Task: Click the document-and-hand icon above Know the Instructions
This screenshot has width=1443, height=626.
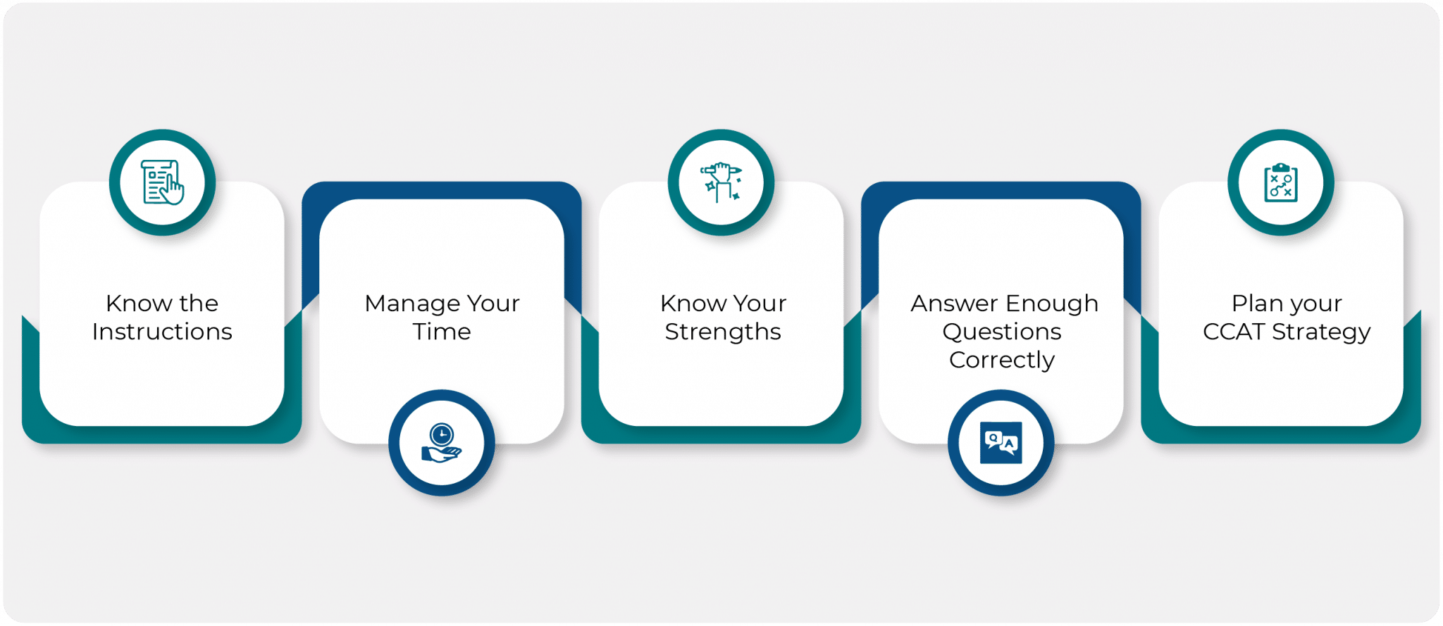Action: point(163,182)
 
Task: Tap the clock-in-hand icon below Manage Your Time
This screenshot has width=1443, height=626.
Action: point(442,443)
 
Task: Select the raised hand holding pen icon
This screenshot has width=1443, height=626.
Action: point(721,182)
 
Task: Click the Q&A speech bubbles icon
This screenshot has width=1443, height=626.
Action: point(1001,443)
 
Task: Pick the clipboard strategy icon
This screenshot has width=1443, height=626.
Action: point(1281,182)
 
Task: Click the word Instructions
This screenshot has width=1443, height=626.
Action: point(162,332)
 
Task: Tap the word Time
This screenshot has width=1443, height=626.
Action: point(442,332)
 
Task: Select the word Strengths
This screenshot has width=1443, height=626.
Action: point(723,332)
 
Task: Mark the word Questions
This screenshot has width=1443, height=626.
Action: point(1002,332)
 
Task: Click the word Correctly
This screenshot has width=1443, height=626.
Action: point(1002,360)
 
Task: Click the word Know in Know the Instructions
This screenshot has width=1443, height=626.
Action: point(138,303)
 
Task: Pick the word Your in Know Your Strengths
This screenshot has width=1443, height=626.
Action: point(759,303)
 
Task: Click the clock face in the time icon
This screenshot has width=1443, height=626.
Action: point(442,433)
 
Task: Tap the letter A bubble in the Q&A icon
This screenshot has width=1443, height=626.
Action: point(1009,444)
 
